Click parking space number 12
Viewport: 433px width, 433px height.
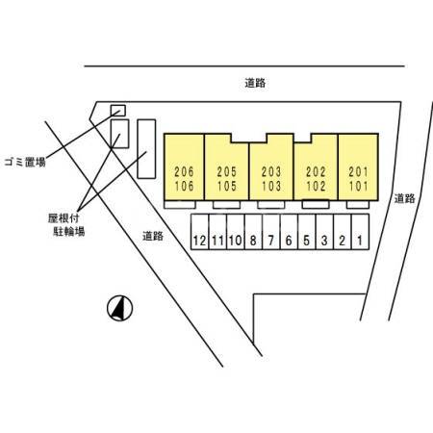pos(199,232)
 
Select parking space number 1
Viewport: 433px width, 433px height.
pos(360,232)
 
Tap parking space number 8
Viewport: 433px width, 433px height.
pos(253,232)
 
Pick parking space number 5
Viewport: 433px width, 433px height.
pos(307,232)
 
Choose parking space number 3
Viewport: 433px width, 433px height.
pos(324,232)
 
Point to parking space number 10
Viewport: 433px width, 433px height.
pos(236,232)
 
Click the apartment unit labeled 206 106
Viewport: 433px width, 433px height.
pos(184,166)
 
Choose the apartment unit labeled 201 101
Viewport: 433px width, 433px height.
pos(358,166)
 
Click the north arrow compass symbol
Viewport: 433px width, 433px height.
pos(119,308)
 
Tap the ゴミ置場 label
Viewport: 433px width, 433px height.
pos(25,162)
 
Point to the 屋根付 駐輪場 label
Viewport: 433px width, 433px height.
pos(66,225)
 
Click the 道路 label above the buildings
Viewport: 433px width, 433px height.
pos(255,83)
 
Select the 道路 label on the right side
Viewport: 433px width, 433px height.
pos(404,198)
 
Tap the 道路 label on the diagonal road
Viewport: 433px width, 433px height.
pos(153,236)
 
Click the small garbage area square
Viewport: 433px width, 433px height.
pos(118,111)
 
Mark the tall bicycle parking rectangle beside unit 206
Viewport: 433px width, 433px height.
pos(146,149)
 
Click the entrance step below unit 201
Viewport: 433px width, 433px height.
pos(358,204)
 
